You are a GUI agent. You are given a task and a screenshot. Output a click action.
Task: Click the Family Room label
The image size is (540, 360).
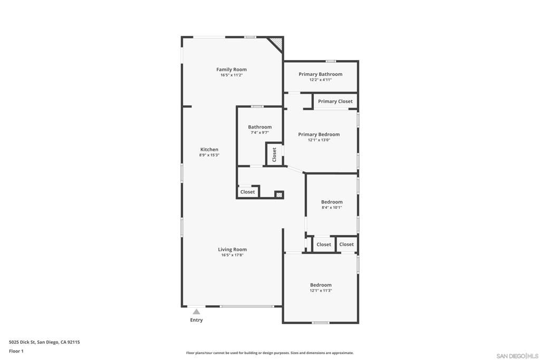232,70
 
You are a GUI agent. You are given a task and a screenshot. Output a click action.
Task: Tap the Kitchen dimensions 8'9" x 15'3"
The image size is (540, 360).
209,155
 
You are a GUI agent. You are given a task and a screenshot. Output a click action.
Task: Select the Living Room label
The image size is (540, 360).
232,249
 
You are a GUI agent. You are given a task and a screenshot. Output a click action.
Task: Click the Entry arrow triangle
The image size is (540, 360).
196,312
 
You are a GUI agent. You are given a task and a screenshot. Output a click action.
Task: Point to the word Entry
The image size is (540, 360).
196,320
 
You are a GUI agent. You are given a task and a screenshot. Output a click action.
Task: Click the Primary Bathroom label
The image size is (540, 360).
320,74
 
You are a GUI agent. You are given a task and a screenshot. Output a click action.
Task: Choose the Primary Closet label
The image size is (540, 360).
335,101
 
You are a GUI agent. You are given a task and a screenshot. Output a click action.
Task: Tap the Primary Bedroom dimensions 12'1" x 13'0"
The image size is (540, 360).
319,140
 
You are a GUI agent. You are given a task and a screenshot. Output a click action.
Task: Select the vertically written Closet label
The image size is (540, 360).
274,154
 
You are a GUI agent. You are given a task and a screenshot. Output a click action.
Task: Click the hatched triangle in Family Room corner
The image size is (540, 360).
277,43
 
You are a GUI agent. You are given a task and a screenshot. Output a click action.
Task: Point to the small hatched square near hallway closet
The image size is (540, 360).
279,194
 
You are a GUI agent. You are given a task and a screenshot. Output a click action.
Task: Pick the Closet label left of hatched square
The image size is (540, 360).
247,192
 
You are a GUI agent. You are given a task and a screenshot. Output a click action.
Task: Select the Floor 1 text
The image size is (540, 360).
16,351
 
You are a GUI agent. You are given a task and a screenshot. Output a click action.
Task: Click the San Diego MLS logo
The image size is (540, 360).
517,356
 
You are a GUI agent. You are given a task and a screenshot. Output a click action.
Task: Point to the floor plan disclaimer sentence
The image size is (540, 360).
269,353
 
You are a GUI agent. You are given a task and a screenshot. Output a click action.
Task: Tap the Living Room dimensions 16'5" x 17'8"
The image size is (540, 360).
232,255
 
